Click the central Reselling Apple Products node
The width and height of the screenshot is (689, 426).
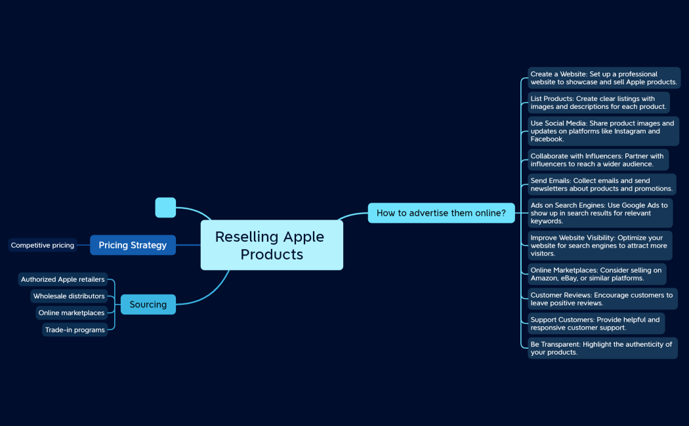(272, 245)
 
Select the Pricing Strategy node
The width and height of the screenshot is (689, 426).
(133, 245)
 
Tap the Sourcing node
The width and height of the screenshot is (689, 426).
(148, 305)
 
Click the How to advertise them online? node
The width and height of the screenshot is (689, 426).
(441, 213)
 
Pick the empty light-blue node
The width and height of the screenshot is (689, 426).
(165, 207)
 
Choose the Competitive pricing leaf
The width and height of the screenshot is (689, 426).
(43, 245)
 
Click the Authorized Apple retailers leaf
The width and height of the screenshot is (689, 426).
(62, 280)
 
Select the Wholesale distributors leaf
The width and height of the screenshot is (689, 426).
(69, 296)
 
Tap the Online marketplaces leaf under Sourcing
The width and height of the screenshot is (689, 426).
(72, 313)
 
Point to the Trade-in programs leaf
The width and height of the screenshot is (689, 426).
(75, 330)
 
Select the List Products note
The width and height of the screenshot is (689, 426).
(598, 103)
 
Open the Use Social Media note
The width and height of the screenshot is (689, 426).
(603, 131)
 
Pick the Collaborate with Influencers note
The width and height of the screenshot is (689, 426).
(598, 160)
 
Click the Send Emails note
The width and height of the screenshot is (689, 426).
(602, 185)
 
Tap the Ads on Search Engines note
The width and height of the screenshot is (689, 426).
(600, 213)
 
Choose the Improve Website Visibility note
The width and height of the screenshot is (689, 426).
(600, 246)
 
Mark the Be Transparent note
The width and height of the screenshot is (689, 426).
(602, 348)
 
